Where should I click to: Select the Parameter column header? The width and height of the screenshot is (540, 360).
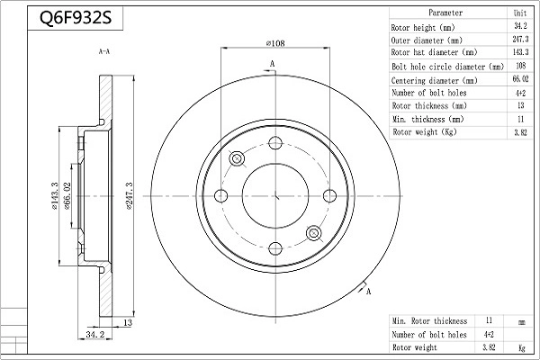coord(445,13)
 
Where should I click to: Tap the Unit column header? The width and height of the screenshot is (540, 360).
coord(520,13)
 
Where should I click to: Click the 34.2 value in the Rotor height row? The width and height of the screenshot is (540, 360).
coord(520,27)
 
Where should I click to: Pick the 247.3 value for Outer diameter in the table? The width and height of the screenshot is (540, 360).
coord(520,40)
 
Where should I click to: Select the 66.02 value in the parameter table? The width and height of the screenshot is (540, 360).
coord(520,79)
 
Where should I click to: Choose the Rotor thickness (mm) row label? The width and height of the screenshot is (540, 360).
coord(429,105)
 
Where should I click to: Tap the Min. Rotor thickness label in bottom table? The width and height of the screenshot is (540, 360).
coord(429,320)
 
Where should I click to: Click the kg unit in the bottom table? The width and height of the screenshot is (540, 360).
coord(520,347)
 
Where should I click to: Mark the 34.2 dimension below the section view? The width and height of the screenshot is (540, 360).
coord(95,335)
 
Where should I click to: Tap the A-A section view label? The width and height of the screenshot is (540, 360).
coord(103,53)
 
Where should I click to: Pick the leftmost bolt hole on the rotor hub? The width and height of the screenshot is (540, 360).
coord(221,196)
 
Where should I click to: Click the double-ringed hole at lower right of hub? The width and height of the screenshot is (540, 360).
coord(313,234)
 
